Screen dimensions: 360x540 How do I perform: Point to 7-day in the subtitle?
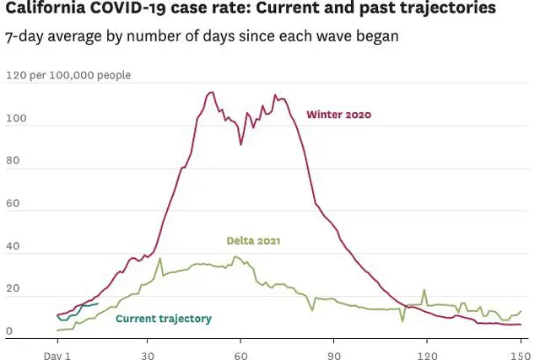24,37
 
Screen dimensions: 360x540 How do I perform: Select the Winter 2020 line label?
338,115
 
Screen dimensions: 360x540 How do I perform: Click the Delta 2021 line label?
253,241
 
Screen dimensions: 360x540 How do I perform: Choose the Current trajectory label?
163,319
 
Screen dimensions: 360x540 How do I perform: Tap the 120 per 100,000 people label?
68,76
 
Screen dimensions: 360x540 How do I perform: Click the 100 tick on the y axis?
15,120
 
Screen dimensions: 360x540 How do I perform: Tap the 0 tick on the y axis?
9,332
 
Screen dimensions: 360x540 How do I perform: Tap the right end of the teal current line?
98,304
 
